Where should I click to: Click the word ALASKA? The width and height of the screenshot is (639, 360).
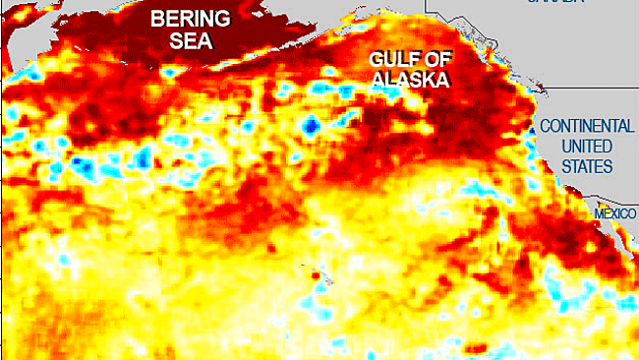(x=410, y=80)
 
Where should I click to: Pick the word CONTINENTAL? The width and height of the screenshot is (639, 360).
(x=586, y=127)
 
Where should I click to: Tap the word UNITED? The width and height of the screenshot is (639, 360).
(x=586, y=147)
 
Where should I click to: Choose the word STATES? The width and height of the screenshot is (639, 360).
(x=586, y=167)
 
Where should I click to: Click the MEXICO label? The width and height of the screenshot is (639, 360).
(x=615, y=213)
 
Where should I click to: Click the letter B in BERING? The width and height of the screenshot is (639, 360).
(x=157, y=18)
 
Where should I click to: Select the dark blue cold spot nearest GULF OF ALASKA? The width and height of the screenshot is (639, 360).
(x=311, y=126)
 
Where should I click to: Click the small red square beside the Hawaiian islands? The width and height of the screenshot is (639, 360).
(x=316, y=276)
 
